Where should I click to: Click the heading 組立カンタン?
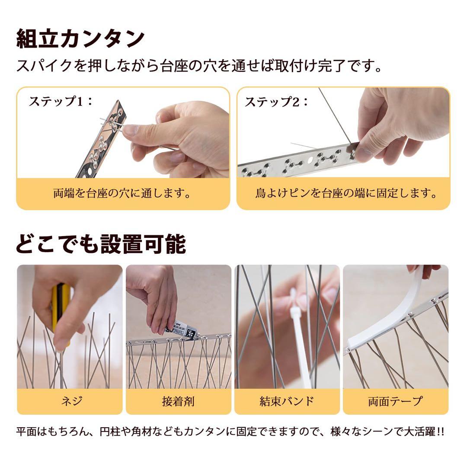(80, 39)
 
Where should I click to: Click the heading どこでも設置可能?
(101, 244)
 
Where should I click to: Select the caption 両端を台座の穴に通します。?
(122, 193)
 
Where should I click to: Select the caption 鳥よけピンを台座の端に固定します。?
(343, 193)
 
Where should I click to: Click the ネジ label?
(70, 401)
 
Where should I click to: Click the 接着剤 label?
(178, 401)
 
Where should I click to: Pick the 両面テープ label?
(395, 401)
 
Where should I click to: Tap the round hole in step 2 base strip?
(310, 160)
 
